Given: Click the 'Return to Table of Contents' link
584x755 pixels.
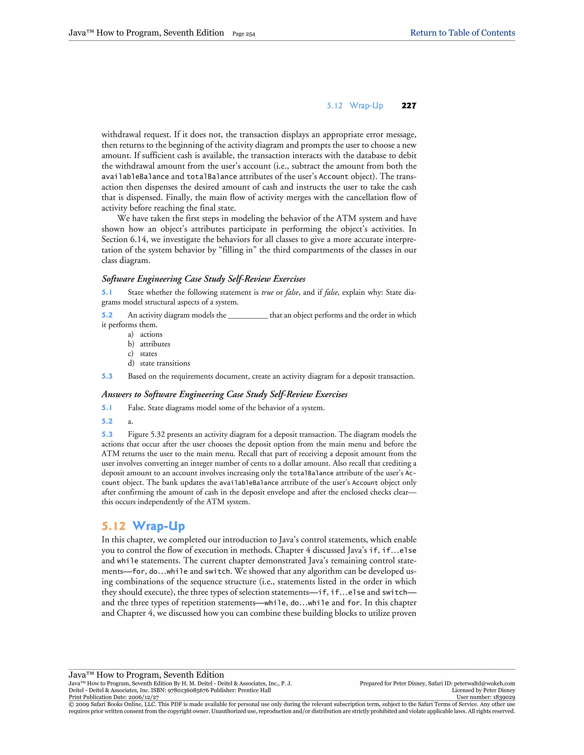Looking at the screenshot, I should tap(462, 33).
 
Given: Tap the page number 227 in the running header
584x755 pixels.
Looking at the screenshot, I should tap(409, 106).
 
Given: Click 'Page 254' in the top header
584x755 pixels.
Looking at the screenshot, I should tap(244, 34).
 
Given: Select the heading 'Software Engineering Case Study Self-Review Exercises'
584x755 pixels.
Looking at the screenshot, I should tap(203, 279).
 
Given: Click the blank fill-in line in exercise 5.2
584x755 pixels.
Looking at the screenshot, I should tap(248, 315).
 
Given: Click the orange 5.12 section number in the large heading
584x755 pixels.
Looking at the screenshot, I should tap(113, 526).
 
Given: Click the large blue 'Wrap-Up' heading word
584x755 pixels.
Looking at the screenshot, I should tap(159, 526).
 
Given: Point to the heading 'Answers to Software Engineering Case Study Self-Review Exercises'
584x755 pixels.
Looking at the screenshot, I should tap(224, 394).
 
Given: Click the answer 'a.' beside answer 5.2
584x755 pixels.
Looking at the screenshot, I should tap(130, 421).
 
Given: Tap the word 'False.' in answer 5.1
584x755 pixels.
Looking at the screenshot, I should tap(137, 408).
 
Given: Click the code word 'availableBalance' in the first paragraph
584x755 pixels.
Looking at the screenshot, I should tap(135, 177).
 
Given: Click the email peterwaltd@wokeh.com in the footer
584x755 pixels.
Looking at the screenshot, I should tap(484, 683).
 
